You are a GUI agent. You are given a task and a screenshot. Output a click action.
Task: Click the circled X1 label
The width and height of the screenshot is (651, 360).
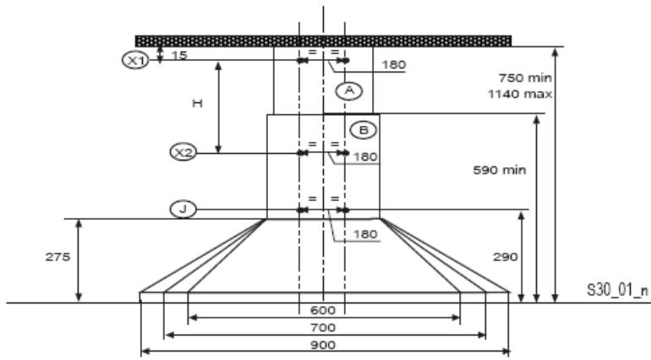coord(135,61)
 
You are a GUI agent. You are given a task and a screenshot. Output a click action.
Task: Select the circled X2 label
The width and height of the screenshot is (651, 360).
coord(183,152)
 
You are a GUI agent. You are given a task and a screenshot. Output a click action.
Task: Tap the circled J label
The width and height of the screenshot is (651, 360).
coord(183,210)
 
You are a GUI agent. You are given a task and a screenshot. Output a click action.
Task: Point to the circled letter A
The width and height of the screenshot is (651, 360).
coord(349,90)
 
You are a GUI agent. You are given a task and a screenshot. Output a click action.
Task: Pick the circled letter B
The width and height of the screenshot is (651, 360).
coord(364,130)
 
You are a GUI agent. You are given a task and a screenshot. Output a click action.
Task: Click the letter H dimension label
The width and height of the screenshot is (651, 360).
coord(197,103)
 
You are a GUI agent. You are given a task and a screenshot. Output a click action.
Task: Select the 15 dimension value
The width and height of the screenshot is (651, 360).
coord(179,55)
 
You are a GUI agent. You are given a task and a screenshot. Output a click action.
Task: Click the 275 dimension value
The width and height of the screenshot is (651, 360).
coord(57,257)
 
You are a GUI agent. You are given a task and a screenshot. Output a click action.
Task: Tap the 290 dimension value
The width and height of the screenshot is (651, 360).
coord(506,257)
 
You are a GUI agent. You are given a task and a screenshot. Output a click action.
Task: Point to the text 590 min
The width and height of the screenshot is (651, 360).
coord(500,170)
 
